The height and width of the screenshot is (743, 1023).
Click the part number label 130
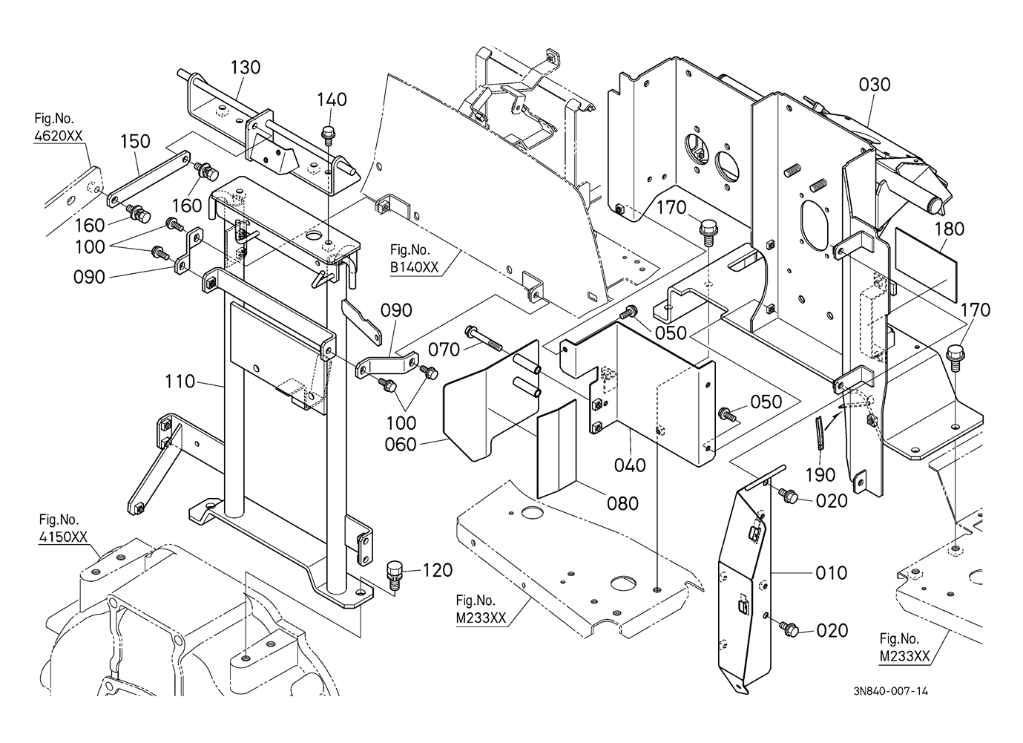coord(245,68)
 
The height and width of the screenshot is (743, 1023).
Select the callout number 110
coord(180,382)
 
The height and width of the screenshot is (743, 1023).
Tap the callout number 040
coord(631,465)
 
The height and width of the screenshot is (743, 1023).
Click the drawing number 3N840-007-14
coord(890,691)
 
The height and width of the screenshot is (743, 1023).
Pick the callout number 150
coord(135,141)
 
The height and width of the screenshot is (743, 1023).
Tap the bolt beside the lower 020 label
coord(788,629)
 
